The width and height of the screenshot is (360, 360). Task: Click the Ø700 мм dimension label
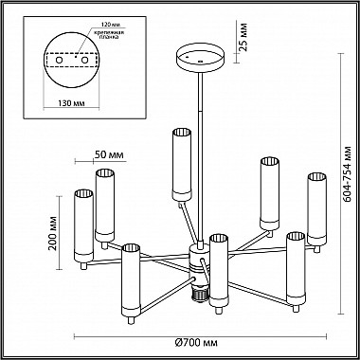pos(196,343)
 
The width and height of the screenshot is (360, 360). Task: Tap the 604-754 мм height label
pos(348,174)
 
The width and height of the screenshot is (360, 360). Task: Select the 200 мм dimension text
pos(53,233)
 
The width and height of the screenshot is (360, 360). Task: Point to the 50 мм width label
pos(109,155)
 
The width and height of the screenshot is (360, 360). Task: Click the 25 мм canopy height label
pos(243,37)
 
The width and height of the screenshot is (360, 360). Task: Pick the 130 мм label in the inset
pos(72,103)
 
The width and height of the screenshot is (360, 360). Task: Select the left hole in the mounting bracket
pos(60,60)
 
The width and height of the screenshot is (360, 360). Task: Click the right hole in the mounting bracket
pos(84,60)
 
